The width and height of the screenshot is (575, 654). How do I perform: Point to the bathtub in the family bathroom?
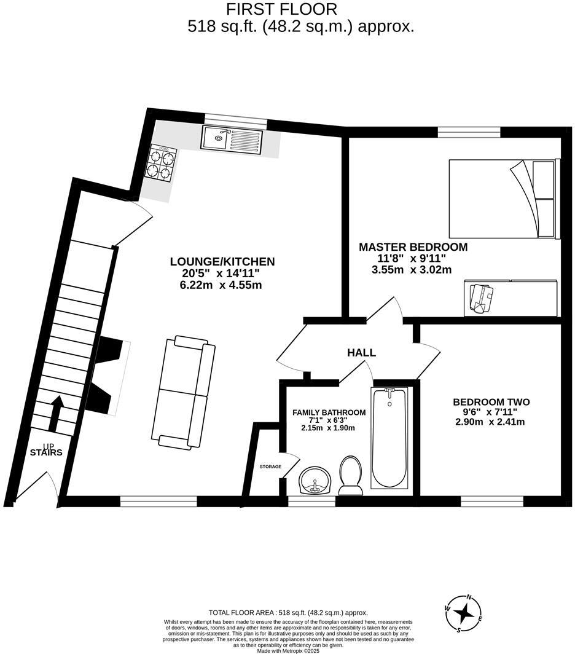click(x=388, y=437)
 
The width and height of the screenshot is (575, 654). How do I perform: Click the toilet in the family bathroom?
click(x=350, y=475)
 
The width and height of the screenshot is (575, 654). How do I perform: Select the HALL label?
click(x=361, y=353)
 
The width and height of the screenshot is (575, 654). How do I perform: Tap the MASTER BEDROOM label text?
click(x=413, y=247)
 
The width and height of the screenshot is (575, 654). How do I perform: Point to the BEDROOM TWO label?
click(x=491, y=403)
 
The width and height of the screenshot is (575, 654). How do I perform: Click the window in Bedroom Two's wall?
click(x=491, y=502)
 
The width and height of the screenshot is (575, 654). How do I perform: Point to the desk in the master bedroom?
click(x=510, y=296)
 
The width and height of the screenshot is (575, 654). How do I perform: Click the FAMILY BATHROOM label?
click(x=329, y=412)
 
